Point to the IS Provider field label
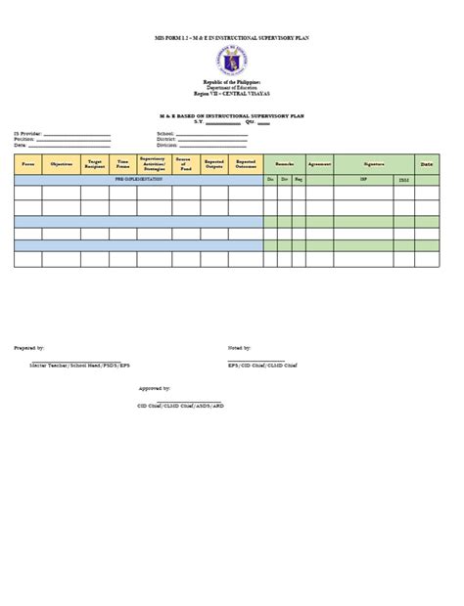[x=27, y=133]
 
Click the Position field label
[x=23, y=139]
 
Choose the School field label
[x=164, y=133]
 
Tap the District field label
[x=165, y=139]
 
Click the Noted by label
[x=240, y=347]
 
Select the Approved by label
[x=154, y=388]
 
